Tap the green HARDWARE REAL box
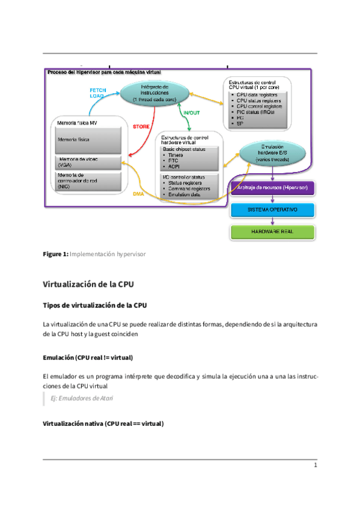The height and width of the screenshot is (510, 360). click(273, 232)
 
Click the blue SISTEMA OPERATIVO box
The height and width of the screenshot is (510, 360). click(273, 210)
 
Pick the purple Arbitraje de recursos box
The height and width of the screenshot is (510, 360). click(273, 189)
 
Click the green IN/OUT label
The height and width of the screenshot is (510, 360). click(191, 112)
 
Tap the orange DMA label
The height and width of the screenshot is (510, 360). click(138, 194)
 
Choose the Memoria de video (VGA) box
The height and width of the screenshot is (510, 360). click(88, 162)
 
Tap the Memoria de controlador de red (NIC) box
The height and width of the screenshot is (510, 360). click(88, 182)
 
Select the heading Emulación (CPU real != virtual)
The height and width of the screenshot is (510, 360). click(88, 357)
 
